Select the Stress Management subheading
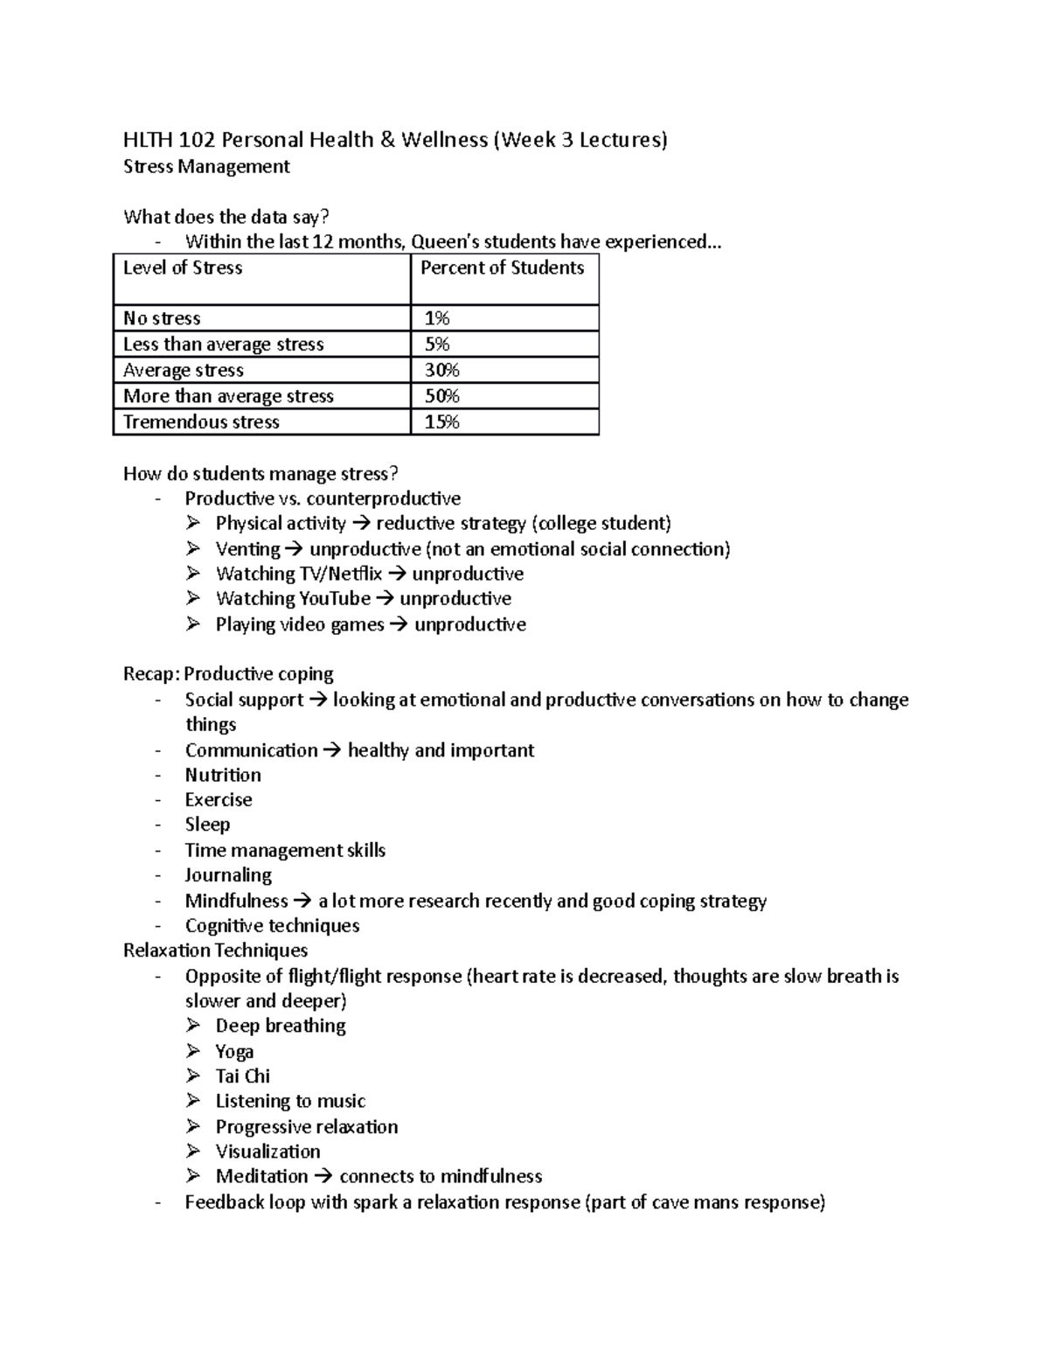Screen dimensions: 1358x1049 [206, 166]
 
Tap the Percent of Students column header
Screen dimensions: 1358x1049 [502, 268]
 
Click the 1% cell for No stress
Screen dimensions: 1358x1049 [437, 318]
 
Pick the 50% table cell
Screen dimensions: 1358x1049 [441, 396]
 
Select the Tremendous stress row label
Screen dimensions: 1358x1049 [201, 422]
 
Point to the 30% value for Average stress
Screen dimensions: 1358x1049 [441, 370]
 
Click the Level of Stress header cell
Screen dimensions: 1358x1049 [183, 268]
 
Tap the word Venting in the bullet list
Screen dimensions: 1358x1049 [247, 549]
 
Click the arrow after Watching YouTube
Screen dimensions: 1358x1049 [385, 599]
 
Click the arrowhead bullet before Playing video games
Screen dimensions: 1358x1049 [193, 624]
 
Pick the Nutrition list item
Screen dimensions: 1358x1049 [223, 775]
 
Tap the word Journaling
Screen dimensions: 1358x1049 [228, 874]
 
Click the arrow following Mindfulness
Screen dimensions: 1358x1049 [302, 901]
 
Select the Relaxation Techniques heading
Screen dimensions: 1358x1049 [215, 950]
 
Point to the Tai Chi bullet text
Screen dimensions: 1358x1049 [243, 1076]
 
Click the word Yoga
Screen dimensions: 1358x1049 [234, 1051]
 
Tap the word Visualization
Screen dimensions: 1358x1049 [267, 1151]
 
